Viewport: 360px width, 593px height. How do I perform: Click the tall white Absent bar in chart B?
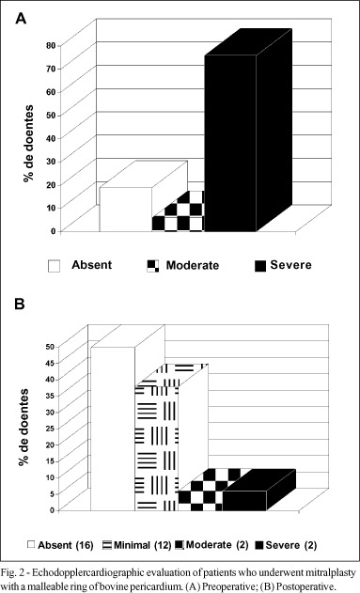[113, 429]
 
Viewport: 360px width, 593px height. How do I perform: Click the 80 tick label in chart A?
[51, 46]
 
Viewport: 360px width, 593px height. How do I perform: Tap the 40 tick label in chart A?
[51, 138]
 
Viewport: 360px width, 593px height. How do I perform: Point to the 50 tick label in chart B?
[51, 347]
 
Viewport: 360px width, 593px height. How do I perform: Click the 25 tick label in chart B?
[51, 429]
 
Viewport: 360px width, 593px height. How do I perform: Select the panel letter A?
[21, 18]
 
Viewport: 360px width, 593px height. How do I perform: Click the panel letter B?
[20, 304]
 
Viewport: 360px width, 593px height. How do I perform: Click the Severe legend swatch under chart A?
[260, 266]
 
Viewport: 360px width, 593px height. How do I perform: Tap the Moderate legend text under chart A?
[193, 266]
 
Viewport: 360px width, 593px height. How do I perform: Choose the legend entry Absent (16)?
[60, 545]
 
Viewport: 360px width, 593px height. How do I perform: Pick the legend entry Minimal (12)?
[138, 545]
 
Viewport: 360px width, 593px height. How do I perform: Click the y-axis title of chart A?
[28, 144]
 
